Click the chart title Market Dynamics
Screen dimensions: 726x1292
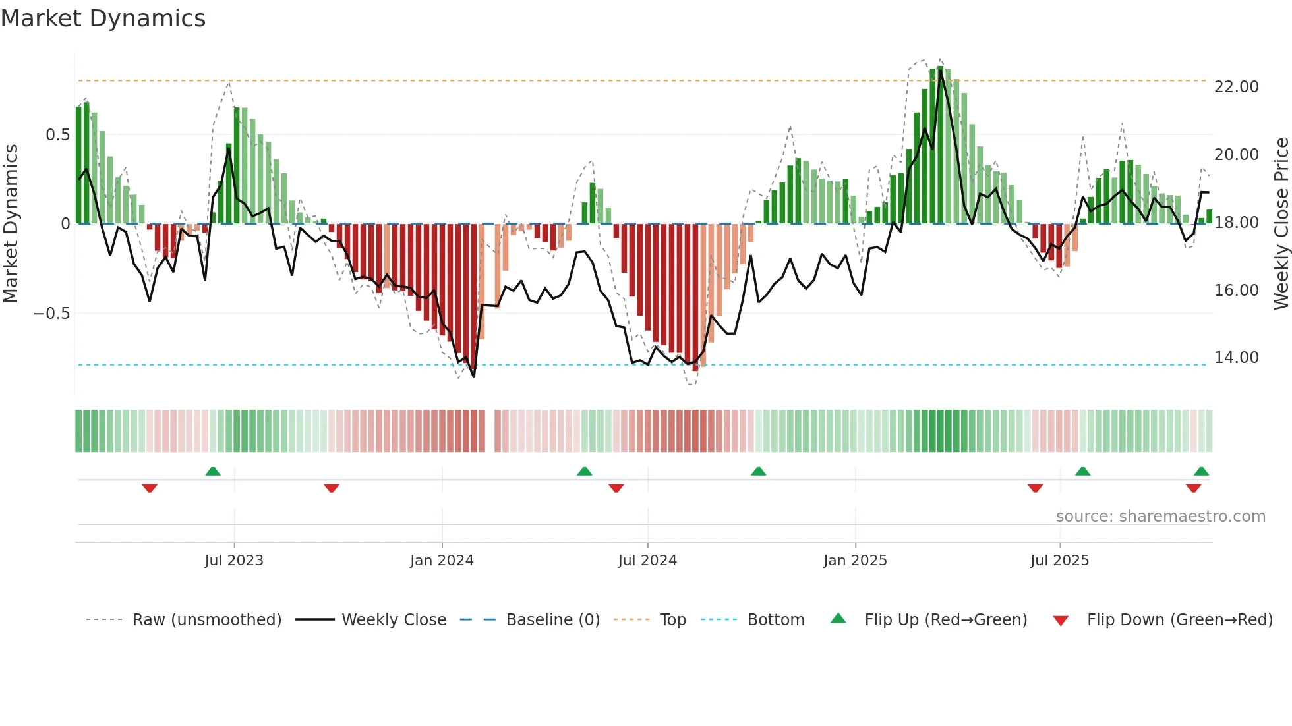point(103,18)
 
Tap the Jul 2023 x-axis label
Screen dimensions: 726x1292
point(233,561)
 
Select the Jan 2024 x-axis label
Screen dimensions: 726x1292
point(442,561)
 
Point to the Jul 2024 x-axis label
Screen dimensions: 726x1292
point(647,561)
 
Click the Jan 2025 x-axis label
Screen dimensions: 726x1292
point(855,561)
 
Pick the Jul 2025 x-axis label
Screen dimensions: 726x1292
point(1059,561)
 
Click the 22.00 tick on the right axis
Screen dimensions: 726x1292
point(1236,87)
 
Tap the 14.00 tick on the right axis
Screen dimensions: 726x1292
point(1236,358)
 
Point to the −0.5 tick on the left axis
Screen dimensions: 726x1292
point(51,314)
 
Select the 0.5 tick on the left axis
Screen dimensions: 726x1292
point(57,135)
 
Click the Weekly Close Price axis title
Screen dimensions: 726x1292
point(1281,224)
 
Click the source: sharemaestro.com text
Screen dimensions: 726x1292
point(1160,517)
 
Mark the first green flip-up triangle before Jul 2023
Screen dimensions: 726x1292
point(213,472)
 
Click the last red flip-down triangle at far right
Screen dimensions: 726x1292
point(1193,488)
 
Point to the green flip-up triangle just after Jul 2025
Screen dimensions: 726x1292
point(1082,472)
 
